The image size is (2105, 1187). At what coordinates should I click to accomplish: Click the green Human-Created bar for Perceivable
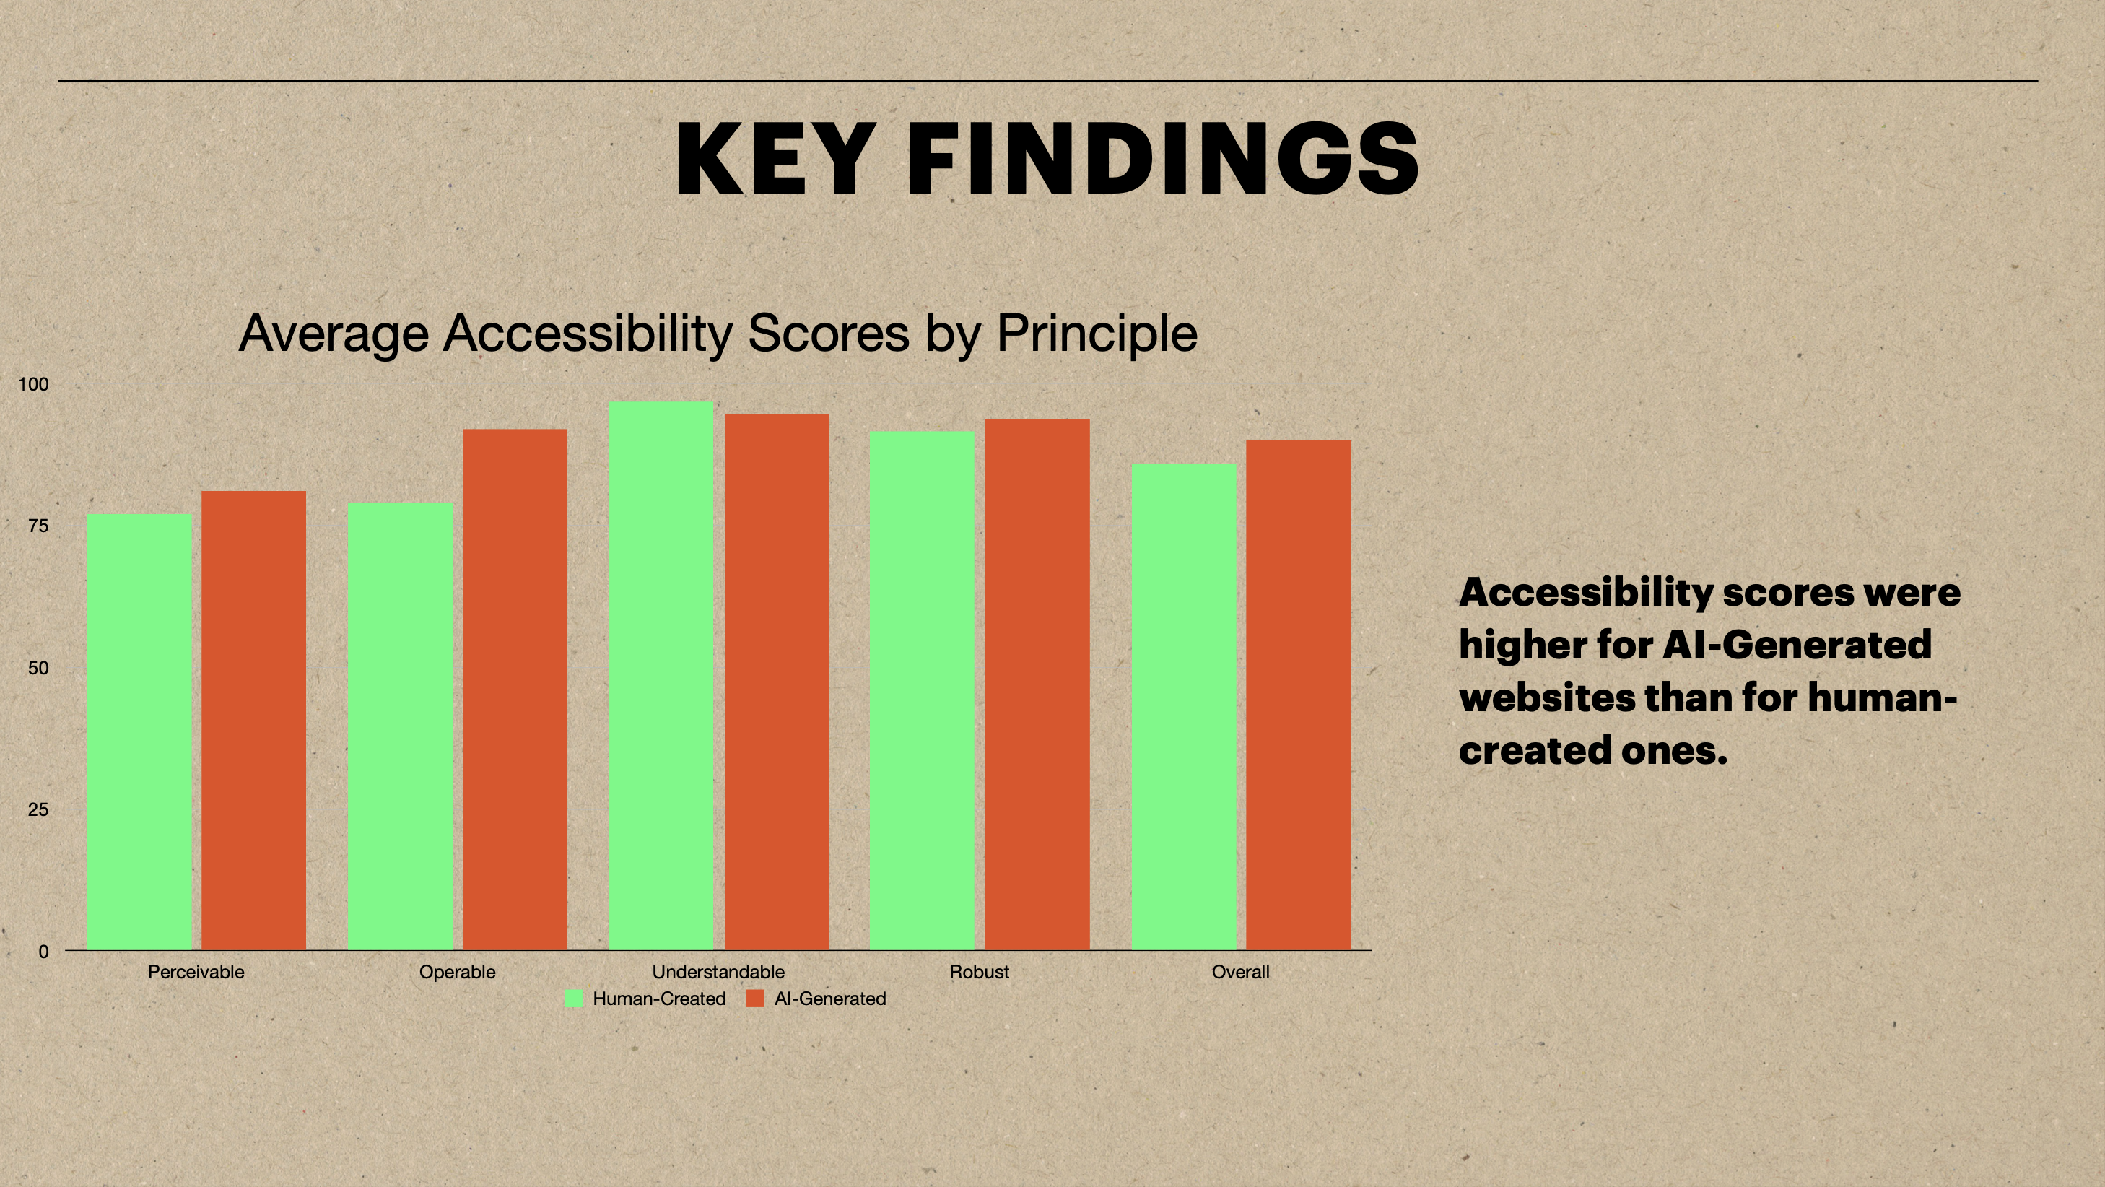point(140,731)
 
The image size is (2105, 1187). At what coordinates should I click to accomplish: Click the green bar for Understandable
point(661,675)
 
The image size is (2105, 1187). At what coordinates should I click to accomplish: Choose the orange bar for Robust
point(1038,684)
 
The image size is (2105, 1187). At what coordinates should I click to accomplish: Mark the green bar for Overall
point(1184,706)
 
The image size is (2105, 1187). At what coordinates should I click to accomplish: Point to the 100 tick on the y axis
point(33,384)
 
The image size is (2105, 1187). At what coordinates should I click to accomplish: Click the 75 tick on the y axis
point(38,526)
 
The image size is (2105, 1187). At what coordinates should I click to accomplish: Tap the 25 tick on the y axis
point(38,809)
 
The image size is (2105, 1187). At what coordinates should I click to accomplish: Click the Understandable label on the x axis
point(718,972)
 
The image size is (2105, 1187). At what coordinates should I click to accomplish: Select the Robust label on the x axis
point(979,972)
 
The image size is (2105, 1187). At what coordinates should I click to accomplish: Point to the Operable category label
point(458,973)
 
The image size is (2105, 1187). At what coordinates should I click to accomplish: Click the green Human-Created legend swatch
point(575,998)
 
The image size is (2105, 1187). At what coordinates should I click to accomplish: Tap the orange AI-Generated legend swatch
point(755,998)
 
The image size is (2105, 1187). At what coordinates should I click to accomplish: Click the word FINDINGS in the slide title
point(1163,159)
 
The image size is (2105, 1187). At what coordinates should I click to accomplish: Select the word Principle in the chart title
point(1097,334)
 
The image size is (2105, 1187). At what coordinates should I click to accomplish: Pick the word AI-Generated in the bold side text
point(1797,645)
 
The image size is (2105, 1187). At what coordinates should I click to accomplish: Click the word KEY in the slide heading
point(772,159)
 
